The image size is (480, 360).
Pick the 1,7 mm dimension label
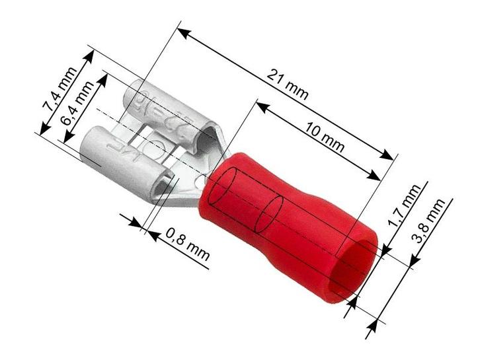click(403, 207)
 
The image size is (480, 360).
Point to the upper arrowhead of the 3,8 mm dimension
click(413, 262)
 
